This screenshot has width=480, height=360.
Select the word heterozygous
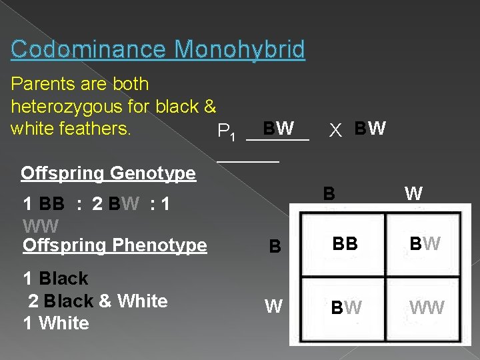pos(79,106)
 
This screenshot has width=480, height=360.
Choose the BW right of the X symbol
pos(370,128)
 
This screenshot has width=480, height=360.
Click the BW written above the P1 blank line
pos(279,127)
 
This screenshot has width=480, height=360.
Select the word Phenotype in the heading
pos(161,245)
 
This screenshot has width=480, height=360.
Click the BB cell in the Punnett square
pos(344,245)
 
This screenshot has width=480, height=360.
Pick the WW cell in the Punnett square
pos(427,308)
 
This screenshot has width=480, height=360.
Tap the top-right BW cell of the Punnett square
pos(425,245)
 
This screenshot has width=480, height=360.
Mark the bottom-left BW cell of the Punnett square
pos(347,308)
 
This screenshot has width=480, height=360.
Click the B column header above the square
pos(329,194)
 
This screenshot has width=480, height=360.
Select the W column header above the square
pos(413,194)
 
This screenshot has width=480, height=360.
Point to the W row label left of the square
pos(273,307)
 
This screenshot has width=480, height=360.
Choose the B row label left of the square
pos(275,247)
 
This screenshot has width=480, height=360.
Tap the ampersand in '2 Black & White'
pos(105,301)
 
